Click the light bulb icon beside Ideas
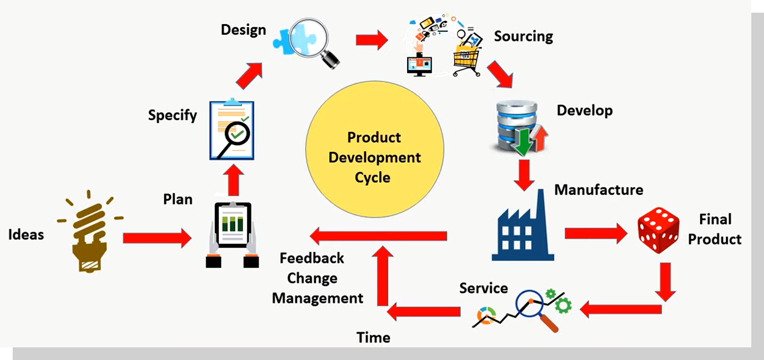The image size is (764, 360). point(90,235)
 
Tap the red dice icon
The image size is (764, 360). point(658,230)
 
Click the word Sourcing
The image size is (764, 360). point(523,36)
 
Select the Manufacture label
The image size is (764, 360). point(598,190)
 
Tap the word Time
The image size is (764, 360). point(373,338)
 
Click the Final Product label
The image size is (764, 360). point(715,229)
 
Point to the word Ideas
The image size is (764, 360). point(26,235)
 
